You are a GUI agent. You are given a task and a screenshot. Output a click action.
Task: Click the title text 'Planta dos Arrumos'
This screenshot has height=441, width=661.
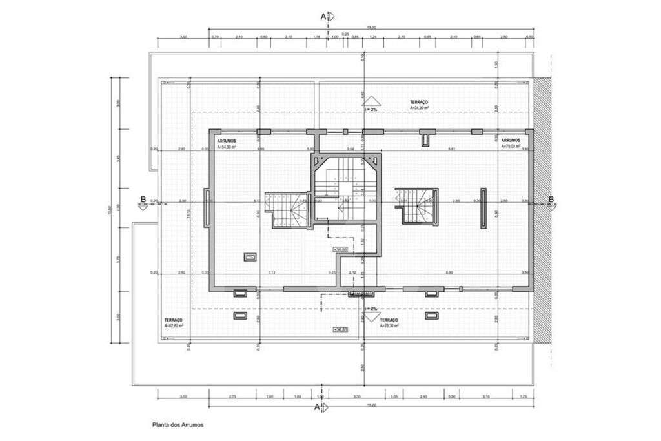[178, 425]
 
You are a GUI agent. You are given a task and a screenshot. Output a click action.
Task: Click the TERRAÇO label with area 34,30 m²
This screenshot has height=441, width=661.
[419, 105]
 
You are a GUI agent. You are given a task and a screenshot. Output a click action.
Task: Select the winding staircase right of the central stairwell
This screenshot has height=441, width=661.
[417, 205]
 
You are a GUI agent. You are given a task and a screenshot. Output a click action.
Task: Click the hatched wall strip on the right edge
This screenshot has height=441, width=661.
[543, 210]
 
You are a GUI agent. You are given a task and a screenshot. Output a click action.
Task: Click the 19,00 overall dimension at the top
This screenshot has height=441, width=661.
[371, 28]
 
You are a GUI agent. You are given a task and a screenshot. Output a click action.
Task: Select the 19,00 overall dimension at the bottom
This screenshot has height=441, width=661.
[371, 405]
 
